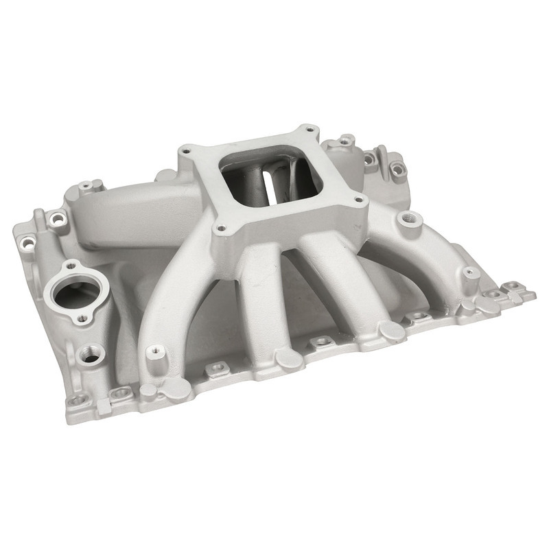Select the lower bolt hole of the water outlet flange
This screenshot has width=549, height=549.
(x=82, y=318)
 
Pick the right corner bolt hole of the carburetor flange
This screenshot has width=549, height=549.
(x=358, y=201)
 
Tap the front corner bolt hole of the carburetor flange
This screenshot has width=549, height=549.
(x=220, y=230)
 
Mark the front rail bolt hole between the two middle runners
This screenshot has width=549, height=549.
(x=319, y=341)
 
